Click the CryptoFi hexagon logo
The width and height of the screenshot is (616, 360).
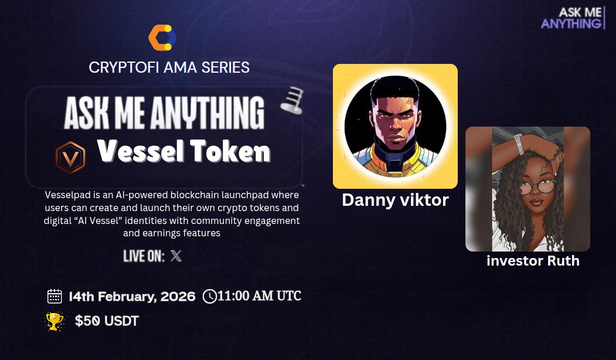click(x=162, y=38)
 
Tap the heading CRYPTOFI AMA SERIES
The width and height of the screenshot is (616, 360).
click(x=169, y=67)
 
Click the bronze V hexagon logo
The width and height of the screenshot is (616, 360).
click(x=70, y=158)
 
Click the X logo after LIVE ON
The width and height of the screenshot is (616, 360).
click(x=176, y=256)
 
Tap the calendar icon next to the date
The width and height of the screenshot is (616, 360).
click(x=55, y=296)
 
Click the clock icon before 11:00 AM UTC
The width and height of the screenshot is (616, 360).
click(x=209, y=296)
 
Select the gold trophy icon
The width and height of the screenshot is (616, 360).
click(x=55, y=321)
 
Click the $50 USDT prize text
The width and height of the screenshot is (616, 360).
click(x=107, y=321)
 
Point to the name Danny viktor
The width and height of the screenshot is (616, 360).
click(x=395, y=200)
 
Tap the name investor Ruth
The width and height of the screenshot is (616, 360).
click(x=533, y=261)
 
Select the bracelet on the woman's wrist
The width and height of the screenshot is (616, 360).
click(x=518, y=144)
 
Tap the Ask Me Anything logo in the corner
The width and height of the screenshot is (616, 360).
click(x=573, y=18)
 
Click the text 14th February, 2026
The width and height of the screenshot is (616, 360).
click(x=132, y=296)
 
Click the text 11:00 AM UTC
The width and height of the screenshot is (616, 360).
click(x=259, y=296)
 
